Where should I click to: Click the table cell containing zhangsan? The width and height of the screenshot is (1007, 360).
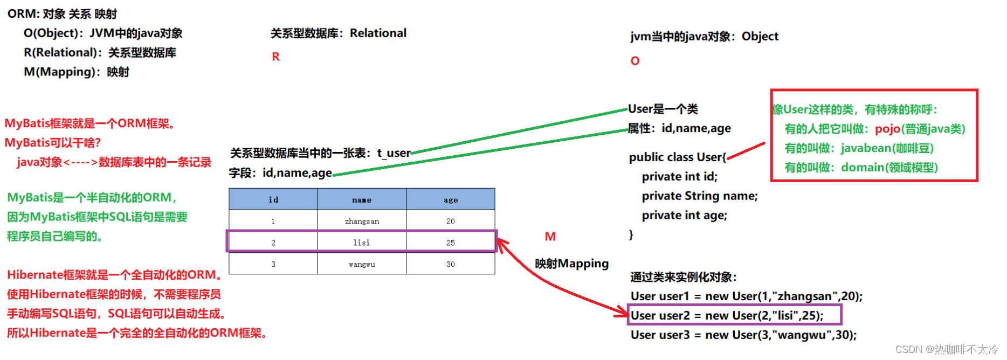[362, 221]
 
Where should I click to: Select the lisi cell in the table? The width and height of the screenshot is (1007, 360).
[362, 243]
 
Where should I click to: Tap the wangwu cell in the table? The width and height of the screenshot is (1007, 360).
[362, 264]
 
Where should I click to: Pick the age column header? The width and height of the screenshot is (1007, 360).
[451, 199]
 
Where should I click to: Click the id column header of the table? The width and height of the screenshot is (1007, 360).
[273, 199]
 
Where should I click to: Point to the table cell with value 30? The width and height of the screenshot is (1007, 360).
[451, 264]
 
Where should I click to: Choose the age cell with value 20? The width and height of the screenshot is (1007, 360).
[451, 221]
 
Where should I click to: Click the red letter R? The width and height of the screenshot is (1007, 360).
[275, 57]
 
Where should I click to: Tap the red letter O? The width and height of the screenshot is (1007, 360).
[635, 61]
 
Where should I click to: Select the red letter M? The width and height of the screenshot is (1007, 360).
[550, 237]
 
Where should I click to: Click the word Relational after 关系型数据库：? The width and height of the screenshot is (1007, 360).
[378, 33]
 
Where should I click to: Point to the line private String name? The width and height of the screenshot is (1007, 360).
[700, 196]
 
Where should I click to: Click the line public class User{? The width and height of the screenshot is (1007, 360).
[678, 157]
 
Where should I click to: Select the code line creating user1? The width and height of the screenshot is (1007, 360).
[746, 296]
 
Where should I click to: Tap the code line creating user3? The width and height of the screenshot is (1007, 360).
[743, 335]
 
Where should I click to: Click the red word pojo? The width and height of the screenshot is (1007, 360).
[887, 129]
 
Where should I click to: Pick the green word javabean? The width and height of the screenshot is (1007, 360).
[866, 148]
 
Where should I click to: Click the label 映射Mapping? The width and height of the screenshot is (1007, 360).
[571, 264]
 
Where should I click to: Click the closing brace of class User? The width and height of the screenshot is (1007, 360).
[631, 235]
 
